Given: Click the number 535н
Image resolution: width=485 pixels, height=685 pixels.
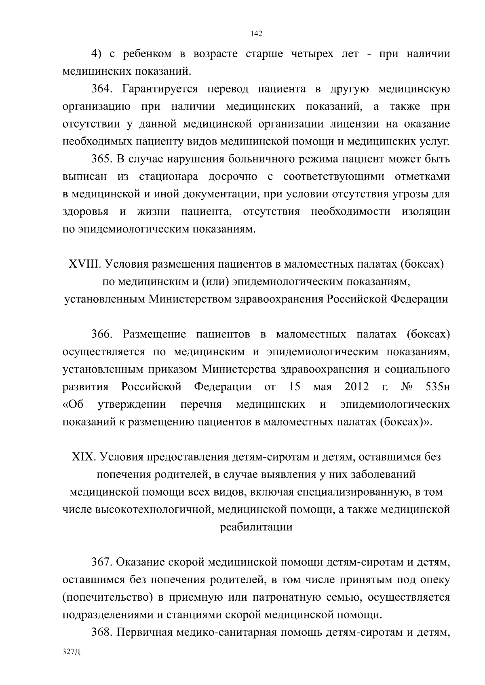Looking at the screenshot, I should click(x=438, y=387).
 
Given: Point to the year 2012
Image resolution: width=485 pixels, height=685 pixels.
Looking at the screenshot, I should click(x=357, y=387).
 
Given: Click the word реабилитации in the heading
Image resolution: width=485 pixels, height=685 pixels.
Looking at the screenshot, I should click(x=256, y=527).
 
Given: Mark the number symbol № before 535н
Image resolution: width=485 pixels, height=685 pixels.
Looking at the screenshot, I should click(x=407, y=387).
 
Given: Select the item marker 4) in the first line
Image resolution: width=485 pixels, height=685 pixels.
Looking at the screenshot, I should click(x=95, y=54).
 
